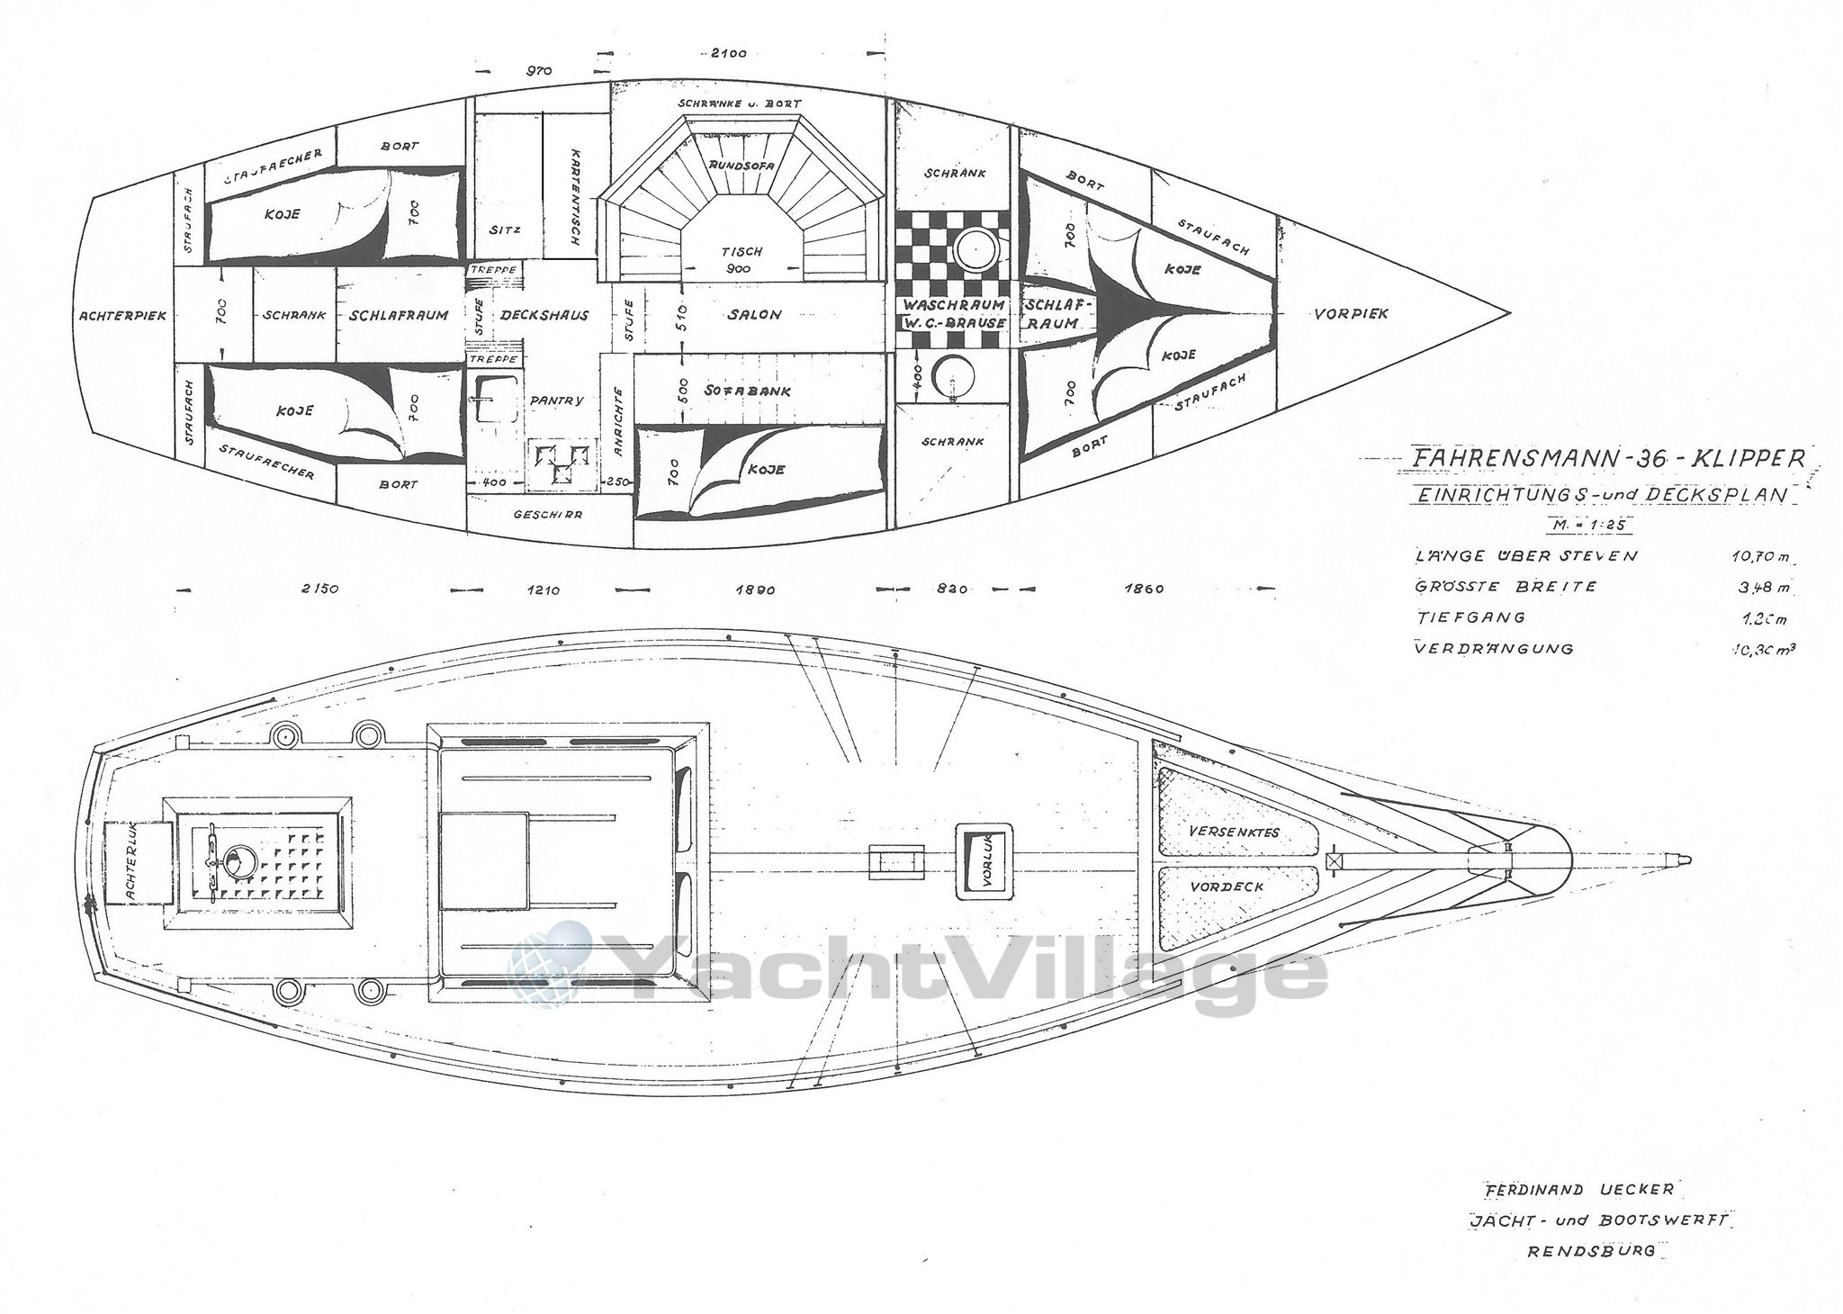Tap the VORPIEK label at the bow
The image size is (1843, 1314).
point(1351,314)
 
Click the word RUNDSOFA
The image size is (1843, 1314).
point(740,166)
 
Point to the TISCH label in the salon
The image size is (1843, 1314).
point(742,251)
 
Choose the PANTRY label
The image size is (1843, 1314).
point(557,400)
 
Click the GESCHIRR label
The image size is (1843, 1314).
point(547,516)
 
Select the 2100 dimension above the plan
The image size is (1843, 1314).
point(729,53)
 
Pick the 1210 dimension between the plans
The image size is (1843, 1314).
point(544,590)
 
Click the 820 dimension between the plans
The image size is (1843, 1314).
point(951,589)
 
